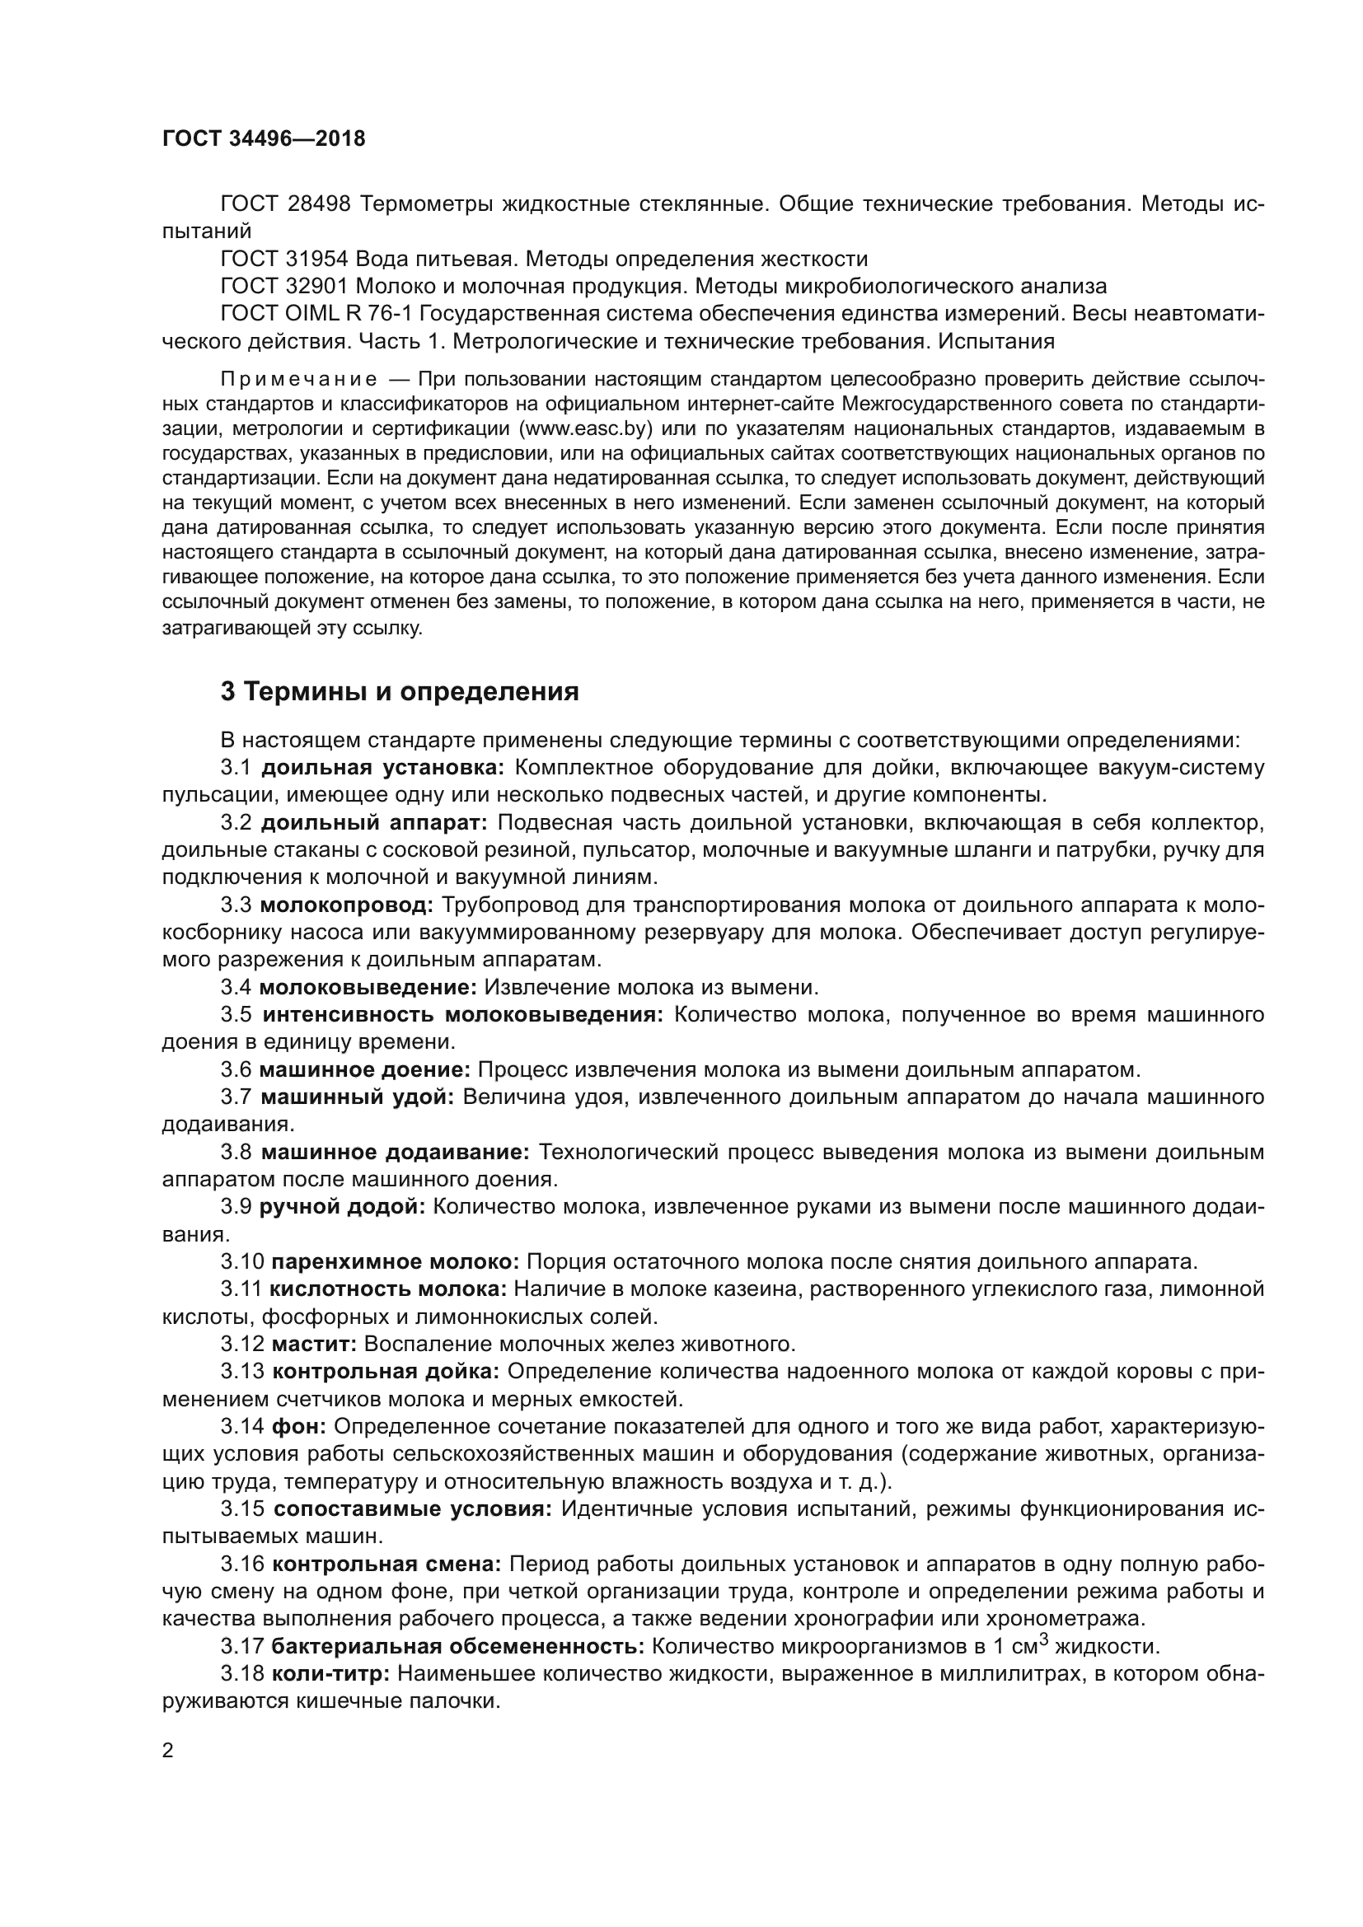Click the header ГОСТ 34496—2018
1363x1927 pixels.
pyautogui.click(x=264, y=139)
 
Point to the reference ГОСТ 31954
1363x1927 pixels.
pyautogui.click(x=283, y=259)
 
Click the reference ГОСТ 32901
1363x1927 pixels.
pyautogui.click(x=283, y=286)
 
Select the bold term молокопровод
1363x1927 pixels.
pyautogui.click(x=347, y=905)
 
